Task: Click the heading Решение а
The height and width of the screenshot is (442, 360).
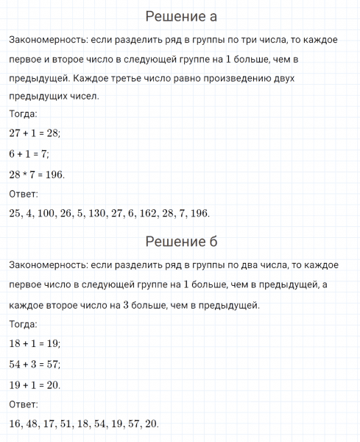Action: (x=180, y=16)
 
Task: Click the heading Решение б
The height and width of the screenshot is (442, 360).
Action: (x=180, y=242)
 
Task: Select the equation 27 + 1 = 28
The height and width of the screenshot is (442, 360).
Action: (x=35, y=133)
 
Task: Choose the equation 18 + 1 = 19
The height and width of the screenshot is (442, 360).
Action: (x=35, y=343)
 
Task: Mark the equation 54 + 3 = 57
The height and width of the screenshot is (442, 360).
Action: (x=35, y=364)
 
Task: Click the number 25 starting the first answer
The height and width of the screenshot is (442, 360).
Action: (x=16, y=214)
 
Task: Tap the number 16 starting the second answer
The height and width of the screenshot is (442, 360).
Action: (x=16, y=424)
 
